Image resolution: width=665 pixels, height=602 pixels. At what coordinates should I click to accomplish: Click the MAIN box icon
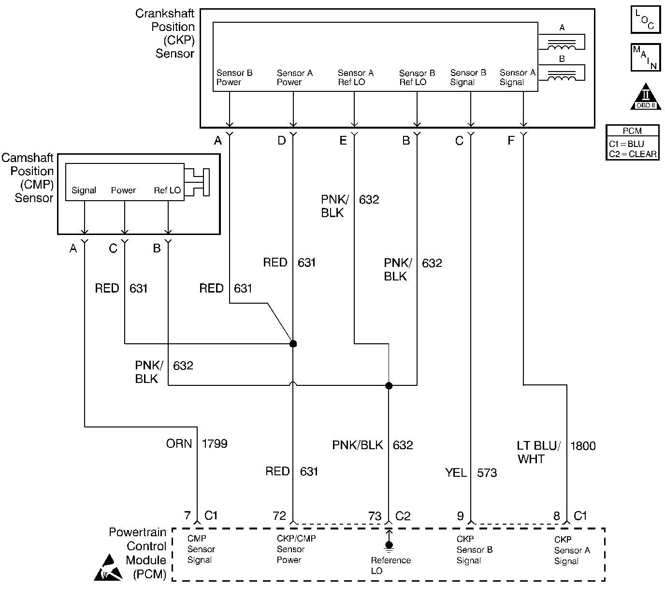[645, 58]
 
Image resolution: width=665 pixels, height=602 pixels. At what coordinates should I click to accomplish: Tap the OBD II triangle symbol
[646, 97]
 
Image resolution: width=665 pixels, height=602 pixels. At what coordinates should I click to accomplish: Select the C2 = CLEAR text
[633, 154]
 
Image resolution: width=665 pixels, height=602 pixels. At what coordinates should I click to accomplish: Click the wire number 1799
[214, 443]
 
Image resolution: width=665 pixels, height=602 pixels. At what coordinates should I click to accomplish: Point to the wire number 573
[487, 472]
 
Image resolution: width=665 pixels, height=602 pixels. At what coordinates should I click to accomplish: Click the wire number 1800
[583, 446]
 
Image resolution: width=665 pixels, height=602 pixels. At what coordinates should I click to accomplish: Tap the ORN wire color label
[179, 443]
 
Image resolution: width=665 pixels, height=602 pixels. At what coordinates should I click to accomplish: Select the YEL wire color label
[456, 472]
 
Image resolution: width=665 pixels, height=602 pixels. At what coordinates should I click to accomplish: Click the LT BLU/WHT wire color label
[538, 452]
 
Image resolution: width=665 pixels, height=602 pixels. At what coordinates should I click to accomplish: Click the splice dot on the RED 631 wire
[293, 344]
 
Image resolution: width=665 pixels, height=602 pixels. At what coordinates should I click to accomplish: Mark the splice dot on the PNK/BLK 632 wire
[389, 385]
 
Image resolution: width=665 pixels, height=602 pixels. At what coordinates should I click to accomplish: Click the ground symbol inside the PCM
[389, 544]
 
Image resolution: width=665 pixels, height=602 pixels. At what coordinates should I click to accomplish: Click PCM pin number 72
[279, 516]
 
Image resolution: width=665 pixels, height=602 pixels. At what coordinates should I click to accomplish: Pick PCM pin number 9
[461, 516]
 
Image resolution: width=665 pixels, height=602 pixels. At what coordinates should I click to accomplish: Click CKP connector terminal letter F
[511, 141]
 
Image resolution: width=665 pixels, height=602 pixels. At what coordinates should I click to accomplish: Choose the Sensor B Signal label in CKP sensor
[468, 77]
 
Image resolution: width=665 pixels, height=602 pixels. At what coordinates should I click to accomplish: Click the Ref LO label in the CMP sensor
[167, 190]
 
